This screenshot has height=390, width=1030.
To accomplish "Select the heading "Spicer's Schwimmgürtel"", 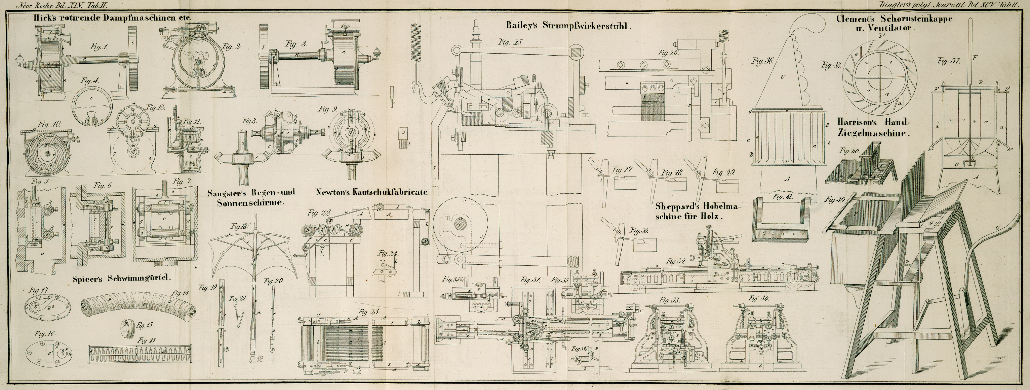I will point(122,278).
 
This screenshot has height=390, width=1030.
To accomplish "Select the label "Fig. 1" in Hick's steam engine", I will point(99,47).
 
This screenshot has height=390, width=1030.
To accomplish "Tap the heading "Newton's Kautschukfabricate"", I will point(372,192).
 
